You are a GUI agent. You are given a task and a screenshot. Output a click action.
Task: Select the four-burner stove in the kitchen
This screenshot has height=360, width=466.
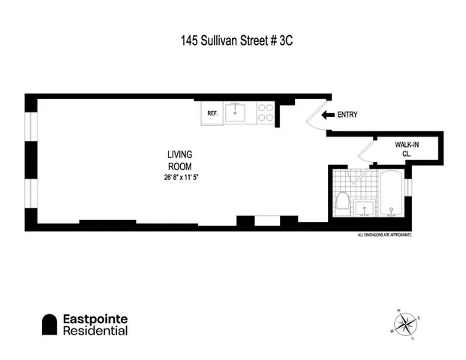point(265,112)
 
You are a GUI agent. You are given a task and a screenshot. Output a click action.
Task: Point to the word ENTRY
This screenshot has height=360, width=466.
point(347,115)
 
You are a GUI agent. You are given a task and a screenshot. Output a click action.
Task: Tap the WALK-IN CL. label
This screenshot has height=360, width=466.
point(407,148)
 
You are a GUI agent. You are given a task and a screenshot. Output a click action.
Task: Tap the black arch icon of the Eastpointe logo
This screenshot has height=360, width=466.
point(50,324)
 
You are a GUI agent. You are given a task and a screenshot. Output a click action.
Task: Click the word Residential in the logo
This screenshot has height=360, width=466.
point(95,331)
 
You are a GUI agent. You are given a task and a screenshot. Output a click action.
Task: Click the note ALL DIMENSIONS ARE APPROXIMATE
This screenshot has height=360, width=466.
point(385,235)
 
